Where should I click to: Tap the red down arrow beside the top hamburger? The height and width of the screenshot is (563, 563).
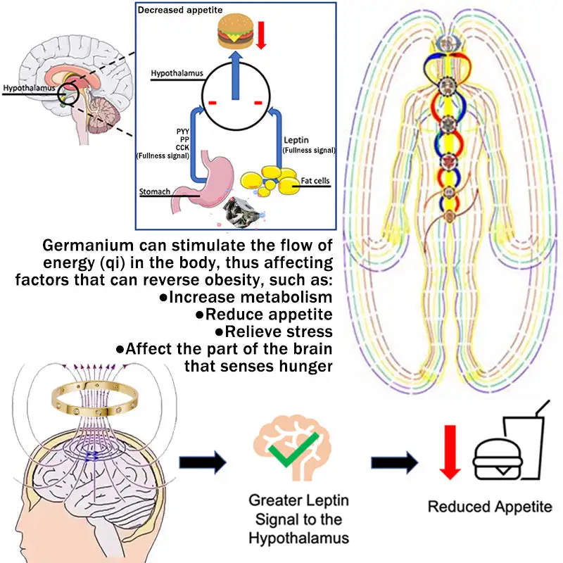coord(261,34)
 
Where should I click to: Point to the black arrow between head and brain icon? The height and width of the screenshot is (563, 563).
coord(202,462)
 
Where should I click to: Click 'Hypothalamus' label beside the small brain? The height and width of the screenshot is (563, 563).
coord(28,89)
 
